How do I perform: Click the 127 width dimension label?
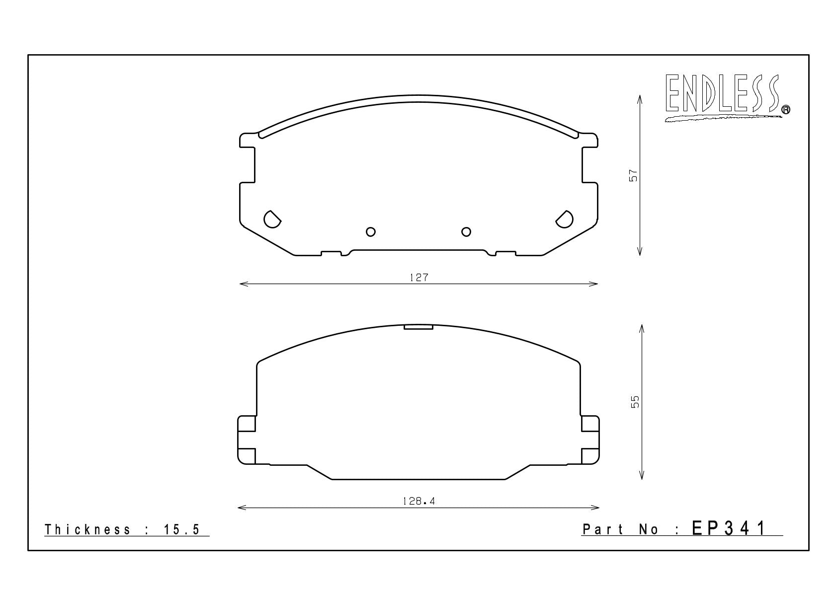point(419,278)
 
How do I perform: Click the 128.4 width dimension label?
point(418,501)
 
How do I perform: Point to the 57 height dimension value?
point(633,175)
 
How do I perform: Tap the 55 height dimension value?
point(635,402)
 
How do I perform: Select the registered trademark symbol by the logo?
point(786,109)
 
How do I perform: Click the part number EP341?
point(728,528)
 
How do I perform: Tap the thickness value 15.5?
point(181,529)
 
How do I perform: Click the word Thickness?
point(87,529)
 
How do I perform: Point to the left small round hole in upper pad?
point(370,232)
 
